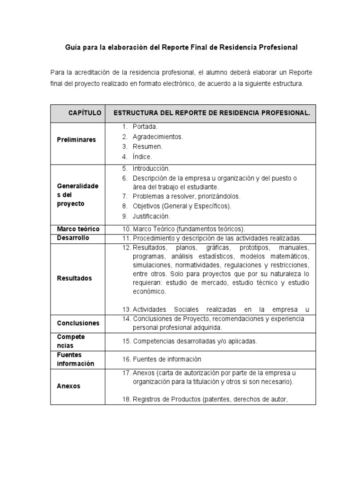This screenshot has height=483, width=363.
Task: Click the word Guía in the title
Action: click(72, 48)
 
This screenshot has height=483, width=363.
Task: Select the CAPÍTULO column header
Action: click(85, 113)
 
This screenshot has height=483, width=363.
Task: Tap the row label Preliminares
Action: click(76, 140)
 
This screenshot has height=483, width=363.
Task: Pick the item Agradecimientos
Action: click(157, 137)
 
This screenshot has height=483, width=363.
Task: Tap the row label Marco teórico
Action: click(78, 229)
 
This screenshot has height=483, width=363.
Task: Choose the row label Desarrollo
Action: click(73, 238)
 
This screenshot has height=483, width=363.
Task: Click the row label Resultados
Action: click(74, 278)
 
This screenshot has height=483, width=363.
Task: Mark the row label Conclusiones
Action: click(78, 323)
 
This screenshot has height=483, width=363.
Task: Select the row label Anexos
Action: click(69, 386)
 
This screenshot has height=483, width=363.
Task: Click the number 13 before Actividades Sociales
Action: click(126, 310)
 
